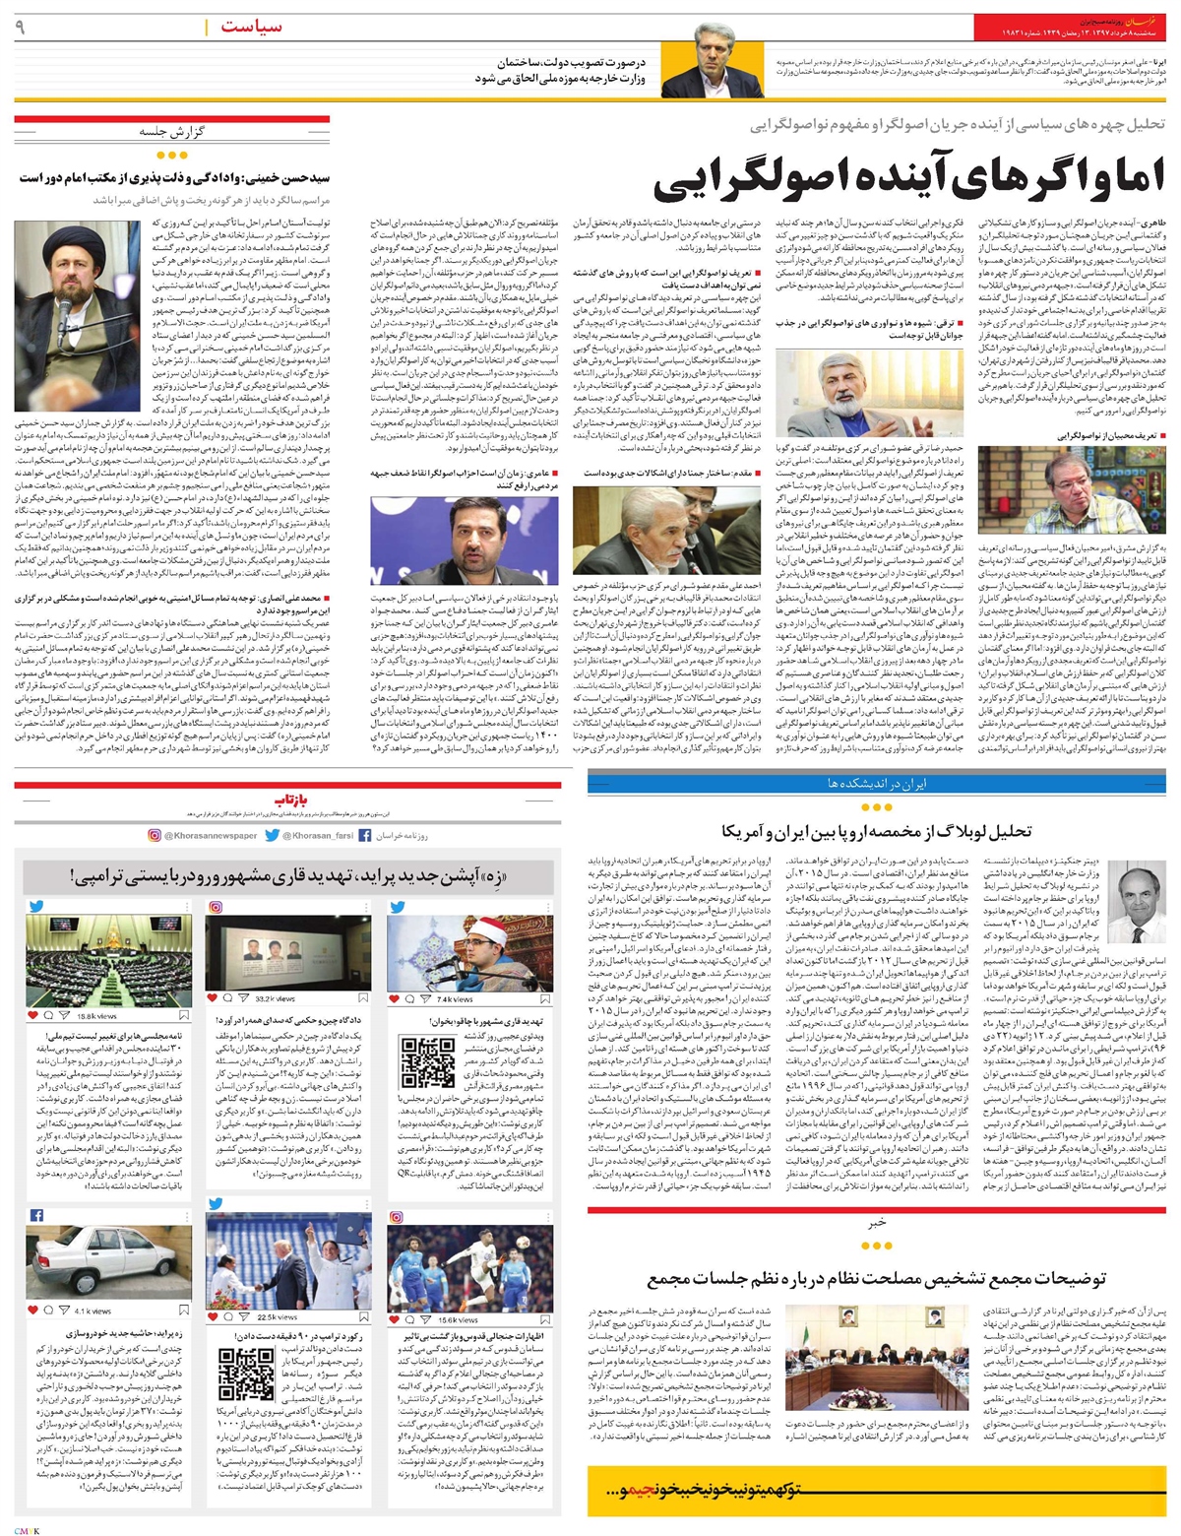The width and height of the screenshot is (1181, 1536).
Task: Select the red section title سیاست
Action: pos(251,27)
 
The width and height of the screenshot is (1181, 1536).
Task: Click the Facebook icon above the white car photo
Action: pos(35,1215)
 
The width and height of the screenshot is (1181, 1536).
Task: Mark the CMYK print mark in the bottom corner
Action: pos(21,1527)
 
